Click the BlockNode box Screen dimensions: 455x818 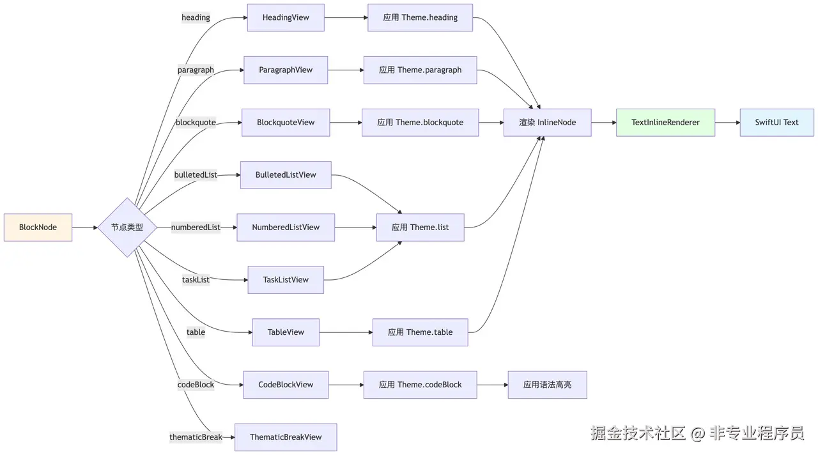pyautogui.click(x=38, y=227)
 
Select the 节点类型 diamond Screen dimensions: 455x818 pyautogui.click(x=127, y=227)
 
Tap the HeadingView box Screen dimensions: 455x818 pyautogui.click(x=286, y=18)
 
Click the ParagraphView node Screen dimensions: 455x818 pyautogui.click(x=286, y=70)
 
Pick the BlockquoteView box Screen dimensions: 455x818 pyautogui.click(x=286, y=123)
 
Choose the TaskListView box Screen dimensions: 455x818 pyautogui.click(x=286, y=280)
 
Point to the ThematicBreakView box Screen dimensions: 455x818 pyautogui.click(x=286, y=437)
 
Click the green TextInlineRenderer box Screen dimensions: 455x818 pyautogui.click(x=665, y=123)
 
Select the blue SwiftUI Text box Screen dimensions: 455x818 pyautogui.click(x=776, y=123)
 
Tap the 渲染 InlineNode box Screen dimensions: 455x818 pyautogui.click(x=547, y=123)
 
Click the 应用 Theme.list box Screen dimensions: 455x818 pyautogui.click(x=420, y=227)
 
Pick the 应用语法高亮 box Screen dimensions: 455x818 pyautogui.click(x=547, y=385)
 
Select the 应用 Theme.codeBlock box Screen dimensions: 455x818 pyautogui.click(x=420, y=385)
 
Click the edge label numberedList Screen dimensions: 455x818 pyautogui.click(x=196, y=227)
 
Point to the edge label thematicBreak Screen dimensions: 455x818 pyautogui.click(x=196, y=437)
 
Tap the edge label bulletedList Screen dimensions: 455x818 pyautogui.click(x=196, y=175)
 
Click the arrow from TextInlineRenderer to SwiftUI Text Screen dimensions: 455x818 pyautogui.click(x=727, y=123)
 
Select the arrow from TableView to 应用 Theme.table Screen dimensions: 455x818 pyautogui.click(x=346, y=332)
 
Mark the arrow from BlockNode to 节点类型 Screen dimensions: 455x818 pyautogui.click(x=84, y=227)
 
